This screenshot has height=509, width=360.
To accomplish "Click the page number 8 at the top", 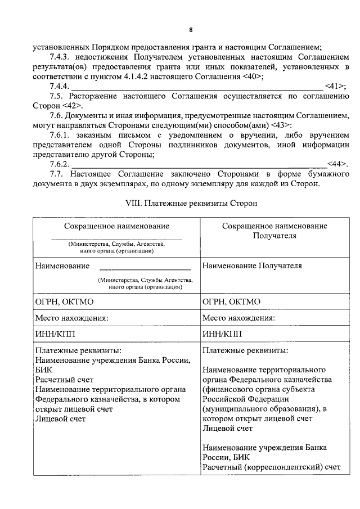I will [x=191, y=30].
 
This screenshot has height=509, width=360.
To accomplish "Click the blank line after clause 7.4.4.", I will [x=197, y=87].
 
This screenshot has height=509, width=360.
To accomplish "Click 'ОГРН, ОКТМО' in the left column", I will [x=63, y=301].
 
